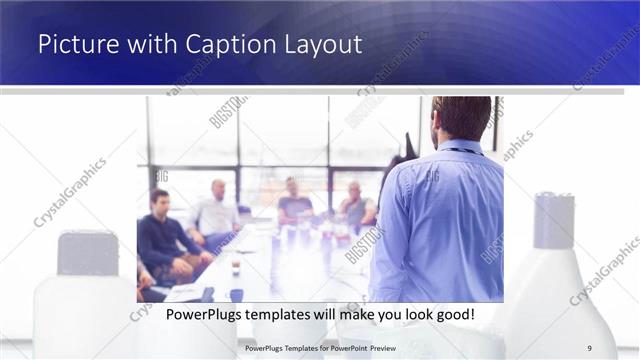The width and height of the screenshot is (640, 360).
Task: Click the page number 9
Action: click(590, 347)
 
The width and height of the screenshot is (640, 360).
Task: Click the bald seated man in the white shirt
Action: click(217, 210)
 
